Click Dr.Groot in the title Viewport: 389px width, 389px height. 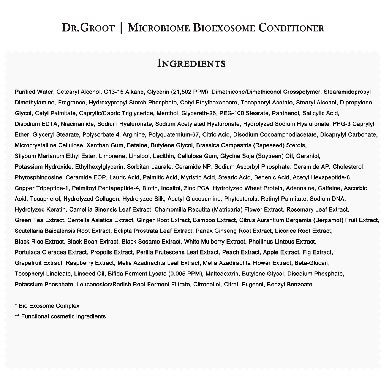[x=88, y=28]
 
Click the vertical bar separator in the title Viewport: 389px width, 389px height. [x=121, y=28]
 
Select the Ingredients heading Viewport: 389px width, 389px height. [x=191, y=63]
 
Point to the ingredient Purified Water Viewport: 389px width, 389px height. [x=35, y=92]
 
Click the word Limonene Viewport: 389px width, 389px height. [x=114, y=156]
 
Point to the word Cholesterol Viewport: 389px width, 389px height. [x=348, y=166]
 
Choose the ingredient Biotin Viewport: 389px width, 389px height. [x=150, y=188]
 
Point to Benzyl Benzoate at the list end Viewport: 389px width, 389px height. [x=289, y=284]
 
